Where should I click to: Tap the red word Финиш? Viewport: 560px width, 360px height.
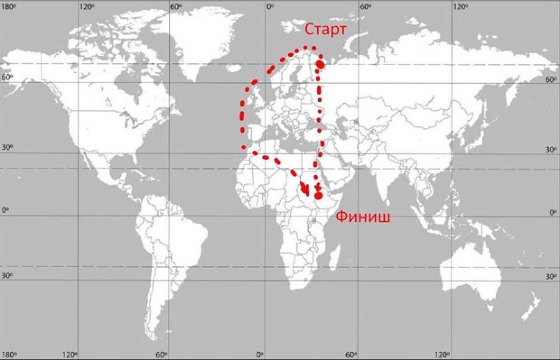363,217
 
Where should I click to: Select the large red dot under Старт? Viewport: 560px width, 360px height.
320,63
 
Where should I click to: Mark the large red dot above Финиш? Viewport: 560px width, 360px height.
319,195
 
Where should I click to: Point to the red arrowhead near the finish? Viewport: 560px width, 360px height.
306,191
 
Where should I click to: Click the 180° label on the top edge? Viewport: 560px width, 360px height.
9,6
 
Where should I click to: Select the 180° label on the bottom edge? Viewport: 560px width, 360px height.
9,354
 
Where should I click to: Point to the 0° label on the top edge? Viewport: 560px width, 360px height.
270,6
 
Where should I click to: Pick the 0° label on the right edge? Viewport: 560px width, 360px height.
551,212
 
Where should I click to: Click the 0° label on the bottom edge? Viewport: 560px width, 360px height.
261,354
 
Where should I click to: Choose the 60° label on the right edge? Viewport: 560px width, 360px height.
551,80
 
